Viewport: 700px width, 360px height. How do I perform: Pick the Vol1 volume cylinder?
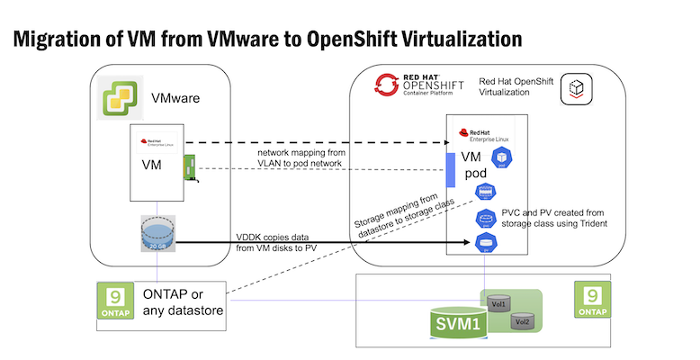click(498, 303)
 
